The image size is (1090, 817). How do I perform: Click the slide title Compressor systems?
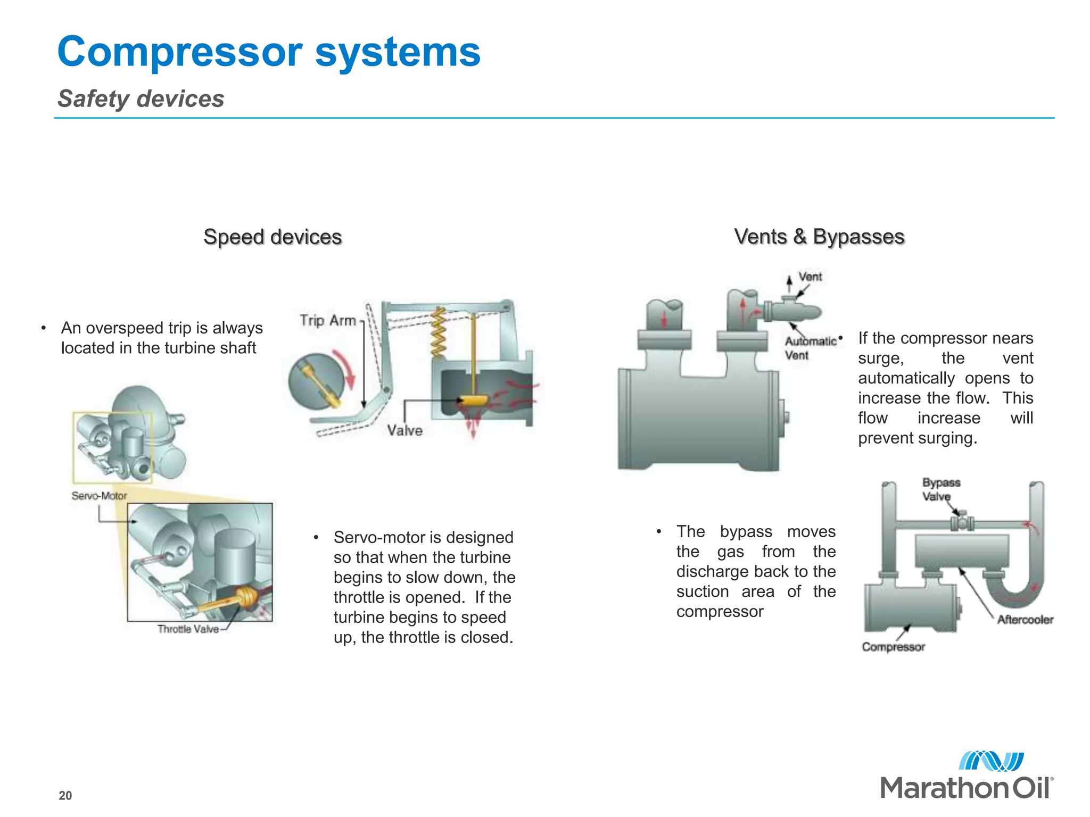tap(269, 52)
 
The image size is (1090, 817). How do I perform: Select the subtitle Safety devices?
tap(141, 99)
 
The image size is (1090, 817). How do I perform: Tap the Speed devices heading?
tap(272, 237)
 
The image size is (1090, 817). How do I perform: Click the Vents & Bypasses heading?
tap(819, 237)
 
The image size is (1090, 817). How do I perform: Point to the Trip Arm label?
tap(327, 320)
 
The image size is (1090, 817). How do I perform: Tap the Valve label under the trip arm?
tap(405, 430)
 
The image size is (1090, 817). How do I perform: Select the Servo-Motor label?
tap(100, 496)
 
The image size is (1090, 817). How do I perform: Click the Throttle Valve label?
tap(188, 629)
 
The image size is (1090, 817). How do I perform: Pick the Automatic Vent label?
tap(809, 348)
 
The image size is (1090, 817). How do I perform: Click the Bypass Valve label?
tap(940, 489)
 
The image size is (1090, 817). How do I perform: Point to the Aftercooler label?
tap(1025, 620)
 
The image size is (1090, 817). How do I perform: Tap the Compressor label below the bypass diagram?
tap(893, 647)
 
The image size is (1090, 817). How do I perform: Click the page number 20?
tap(65, 796)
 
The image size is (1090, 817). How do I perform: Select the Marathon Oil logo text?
tap(966, 788)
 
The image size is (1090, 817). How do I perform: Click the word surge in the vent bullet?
tap(880, 359)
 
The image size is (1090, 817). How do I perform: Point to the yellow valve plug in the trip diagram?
tap(473, 400)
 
